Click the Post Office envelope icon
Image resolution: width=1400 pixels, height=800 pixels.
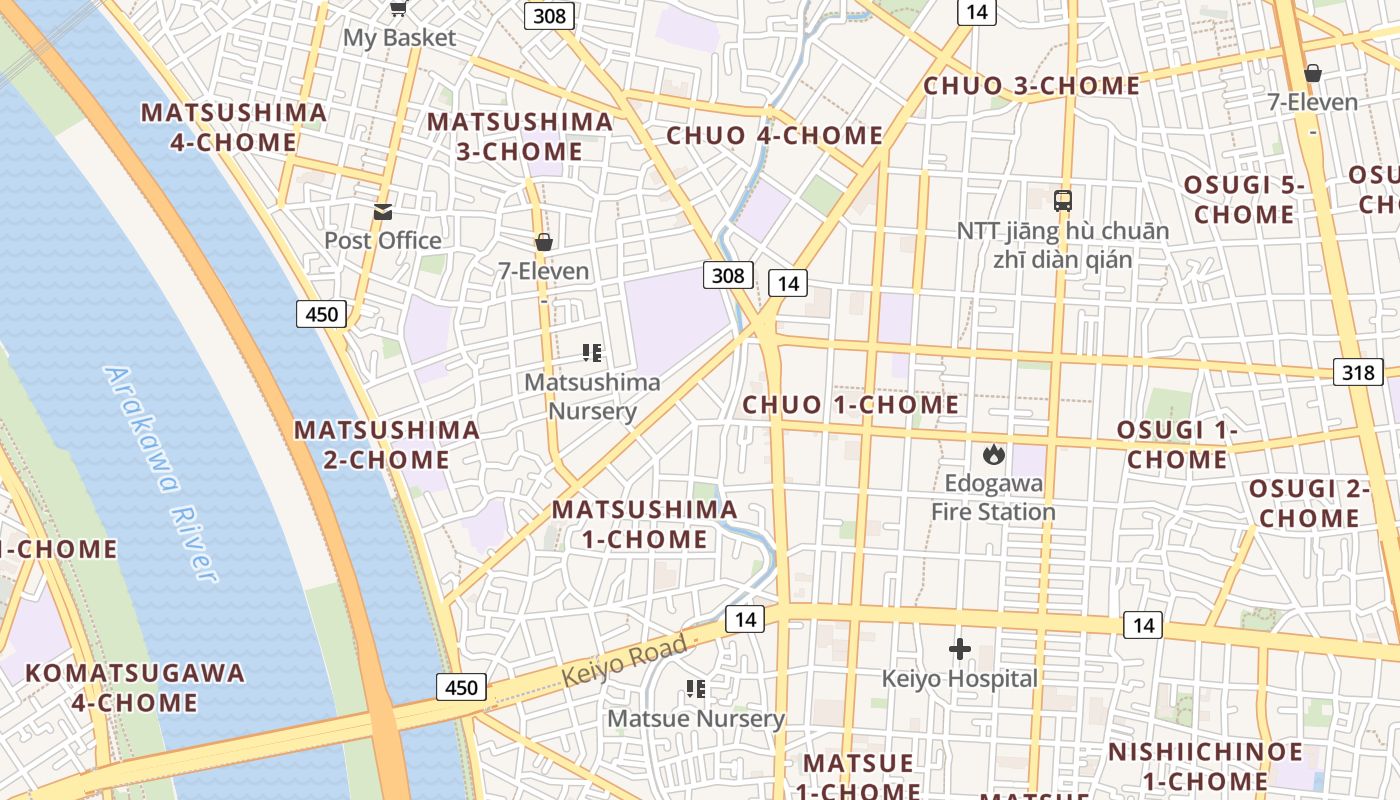click(x=383, y=211)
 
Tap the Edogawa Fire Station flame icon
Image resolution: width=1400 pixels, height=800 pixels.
click(x=993, y=455)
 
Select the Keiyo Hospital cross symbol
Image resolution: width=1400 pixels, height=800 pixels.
click(x=960, y=650)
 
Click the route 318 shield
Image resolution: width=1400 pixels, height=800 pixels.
click(x=1358, y=373)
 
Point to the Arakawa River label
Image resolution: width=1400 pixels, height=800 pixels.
click(x=160, y=473)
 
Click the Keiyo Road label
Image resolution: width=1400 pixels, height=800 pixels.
click(x=625, y=660)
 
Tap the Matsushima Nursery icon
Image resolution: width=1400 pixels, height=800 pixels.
click(x=592, y=353)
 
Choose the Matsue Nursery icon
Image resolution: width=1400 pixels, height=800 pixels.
click(x=696, y=689)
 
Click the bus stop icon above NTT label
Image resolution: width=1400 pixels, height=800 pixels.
click(x=1063, y=201)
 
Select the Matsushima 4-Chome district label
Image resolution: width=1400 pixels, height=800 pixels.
click(x=233, y=127)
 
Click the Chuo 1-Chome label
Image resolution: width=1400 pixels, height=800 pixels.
click(x=851, y=405)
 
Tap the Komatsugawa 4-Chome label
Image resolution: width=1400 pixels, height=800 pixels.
click(x=135, y=687)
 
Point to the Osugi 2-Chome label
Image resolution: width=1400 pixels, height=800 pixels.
click(x=1309, y=503)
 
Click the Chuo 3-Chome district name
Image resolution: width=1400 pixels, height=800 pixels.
click(x=1031, y=86)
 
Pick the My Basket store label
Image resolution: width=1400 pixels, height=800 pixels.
click(x=399, y=38)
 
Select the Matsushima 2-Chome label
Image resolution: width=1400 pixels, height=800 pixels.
click(x=386, y=445)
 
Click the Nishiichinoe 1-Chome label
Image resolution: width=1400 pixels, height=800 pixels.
click(x=1205, y=766)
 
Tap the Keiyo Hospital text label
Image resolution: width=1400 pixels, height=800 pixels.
click(x=959, y=679)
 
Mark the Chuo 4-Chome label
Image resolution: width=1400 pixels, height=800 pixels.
click(x=775, y=136)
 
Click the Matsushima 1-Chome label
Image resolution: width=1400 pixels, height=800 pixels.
click(x=645, y=524)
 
